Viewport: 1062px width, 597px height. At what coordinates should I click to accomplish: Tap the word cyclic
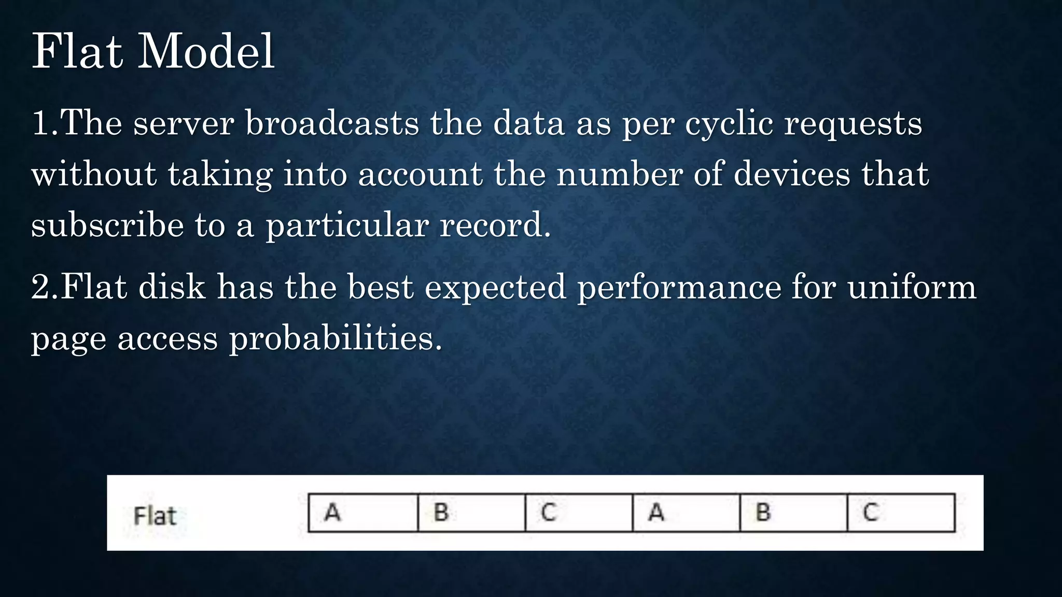pos(729,124)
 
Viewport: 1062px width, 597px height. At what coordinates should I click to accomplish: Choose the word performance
pos(679,288)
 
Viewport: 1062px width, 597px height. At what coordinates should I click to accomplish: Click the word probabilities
pos(336,338)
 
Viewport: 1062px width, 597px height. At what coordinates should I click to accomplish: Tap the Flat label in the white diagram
pos(155,516)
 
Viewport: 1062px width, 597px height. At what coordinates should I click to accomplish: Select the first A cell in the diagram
pos(363,513)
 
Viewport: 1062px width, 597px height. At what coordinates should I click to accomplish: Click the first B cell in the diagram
pos(471,513)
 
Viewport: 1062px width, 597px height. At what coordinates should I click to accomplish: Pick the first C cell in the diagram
pos(579,513)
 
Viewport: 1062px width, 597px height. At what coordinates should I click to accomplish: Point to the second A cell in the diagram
pos(686,513)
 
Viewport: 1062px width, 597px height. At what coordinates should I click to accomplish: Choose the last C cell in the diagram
pos(901,513)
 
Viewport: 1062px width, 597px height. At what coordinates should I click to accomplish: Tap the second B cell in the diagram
pos(793,513)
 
